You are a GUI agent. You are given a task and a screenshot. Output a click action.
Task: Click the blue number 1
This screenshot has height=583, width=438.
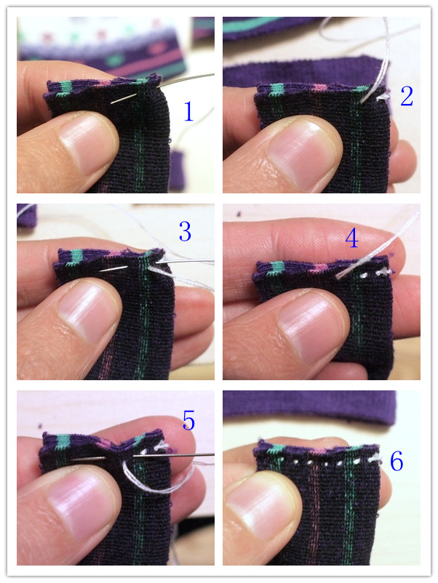(189, 111)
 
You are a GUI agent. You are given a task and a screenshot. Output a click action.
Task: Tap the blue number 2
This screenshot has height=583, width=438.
(407, 96)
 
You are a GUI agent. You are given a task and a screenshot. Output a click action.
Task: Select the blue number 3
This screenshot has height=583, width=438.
(185, 231)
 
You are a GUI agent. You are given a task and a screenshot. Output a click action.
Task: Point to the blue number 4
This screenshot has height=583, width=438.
(351, 238)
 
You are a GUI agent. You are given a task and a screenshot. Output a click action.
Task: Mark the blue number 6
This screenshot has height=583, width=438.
(397, 462)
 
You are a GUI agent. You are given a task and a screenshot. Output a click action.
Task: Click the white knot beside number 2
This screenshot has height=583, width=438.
(382, 97)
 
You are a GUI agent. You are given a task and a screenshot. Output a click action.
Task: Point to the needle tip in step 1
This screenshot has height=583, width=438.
(111, 103)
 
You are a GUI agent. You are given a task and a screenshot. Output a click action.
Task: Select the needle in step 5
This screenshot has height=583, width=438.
(141, 457)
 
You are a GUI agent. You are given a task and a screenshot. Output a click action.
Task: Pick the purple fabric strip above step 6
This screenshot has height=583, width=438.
(309, 406)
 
